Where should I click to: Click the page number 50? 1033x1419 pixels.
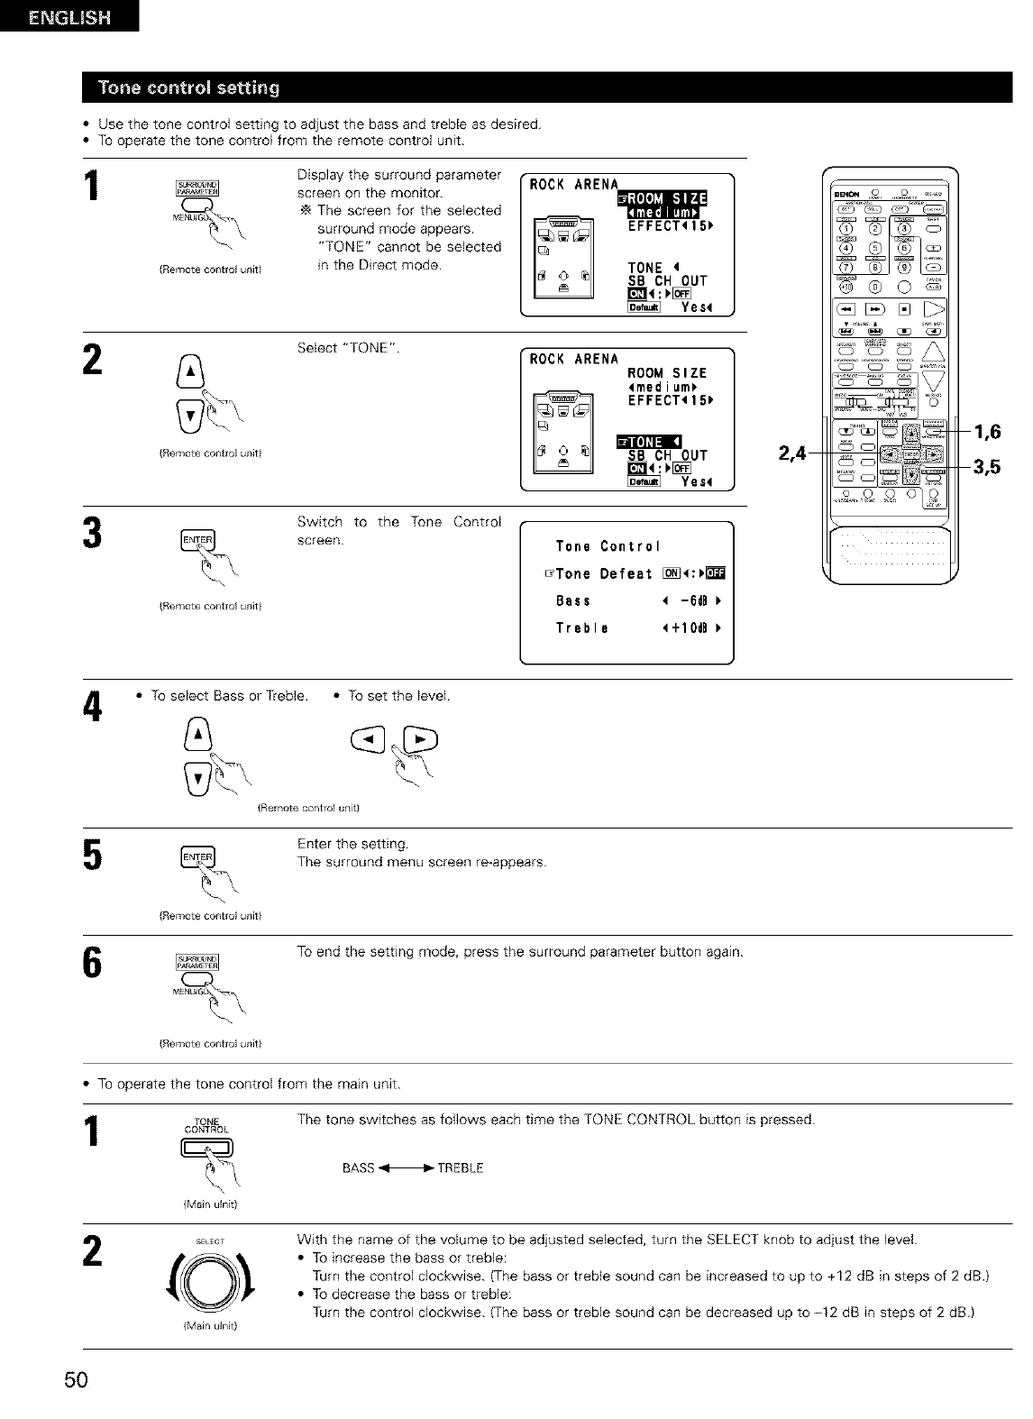(75, 1380)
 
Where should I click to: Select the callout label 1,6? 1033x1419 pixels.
(989, 433)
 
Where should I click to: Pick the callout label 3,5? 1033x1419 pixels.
(989, 467)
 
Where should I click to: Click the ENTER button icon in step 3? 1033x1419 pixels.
(197, 541)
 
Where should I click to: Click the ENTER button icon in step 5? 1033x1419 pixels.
(197, 856)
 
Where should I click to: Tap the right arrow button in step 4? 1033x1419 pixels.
(422, 742)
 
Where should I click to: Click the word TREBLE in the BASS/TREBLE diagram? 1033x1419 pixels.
(462, 1168)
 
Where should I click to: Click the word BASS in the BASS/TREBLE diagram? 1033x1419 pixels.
(358, 1168)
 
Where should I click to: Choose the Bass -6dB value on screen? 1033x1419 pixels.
(692, 601)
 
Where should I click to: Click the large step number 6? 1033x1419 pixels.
(90, 971)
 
